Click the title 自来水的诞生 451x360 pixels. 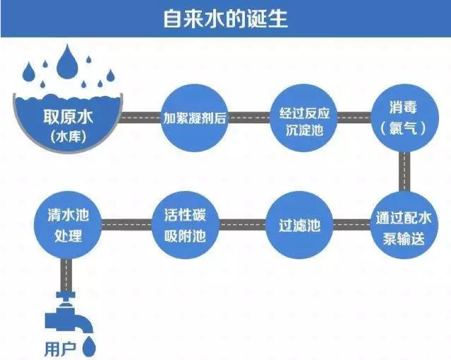click(225, 19)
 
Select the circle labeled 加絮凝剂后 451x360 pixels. click(194, 118)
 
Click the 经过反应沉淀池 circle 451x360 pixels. click(300, 118)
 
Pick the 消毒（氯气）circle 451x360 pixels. click(404, 118)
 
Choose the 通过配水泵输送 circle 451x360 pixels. click(404, 225)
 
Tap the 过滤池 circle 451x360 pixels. click(300, 225)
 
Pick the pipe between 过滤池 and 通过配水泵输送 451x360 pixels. click(352, 224)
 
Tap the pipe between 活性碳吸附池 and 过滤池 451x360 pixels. click(243, 224)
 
